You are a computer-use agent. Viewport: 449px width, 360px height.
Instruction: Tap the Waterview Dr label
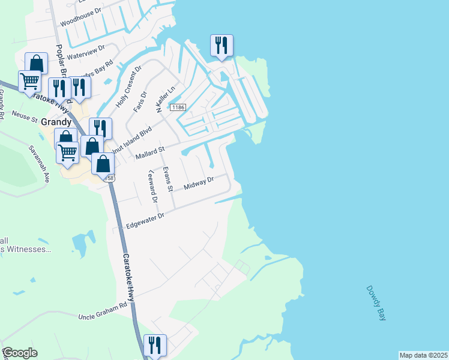[x=86, y=52]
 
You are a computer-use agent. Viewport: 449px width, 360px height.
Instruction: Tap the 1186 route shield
[x=178, y=107]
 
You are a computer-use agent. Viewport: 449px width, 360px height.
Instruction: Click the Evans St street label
[x=169, y=179]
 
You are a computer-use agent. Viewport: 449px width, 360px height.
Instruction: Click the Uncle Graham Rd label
[x=103, y=310]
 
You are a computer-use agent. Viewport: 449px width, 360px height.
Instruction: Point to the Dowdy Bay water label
[x=376, y=303]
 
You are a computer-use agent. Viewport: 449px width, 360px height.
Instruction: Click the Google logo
[x=20, y=353]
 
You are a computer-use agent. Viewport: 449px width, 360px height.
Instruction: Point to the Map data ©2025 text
[x=423, y=355]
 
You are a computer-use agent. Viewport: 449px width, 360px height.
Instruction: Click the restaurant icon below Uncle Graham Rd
[x=155, y=345]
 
